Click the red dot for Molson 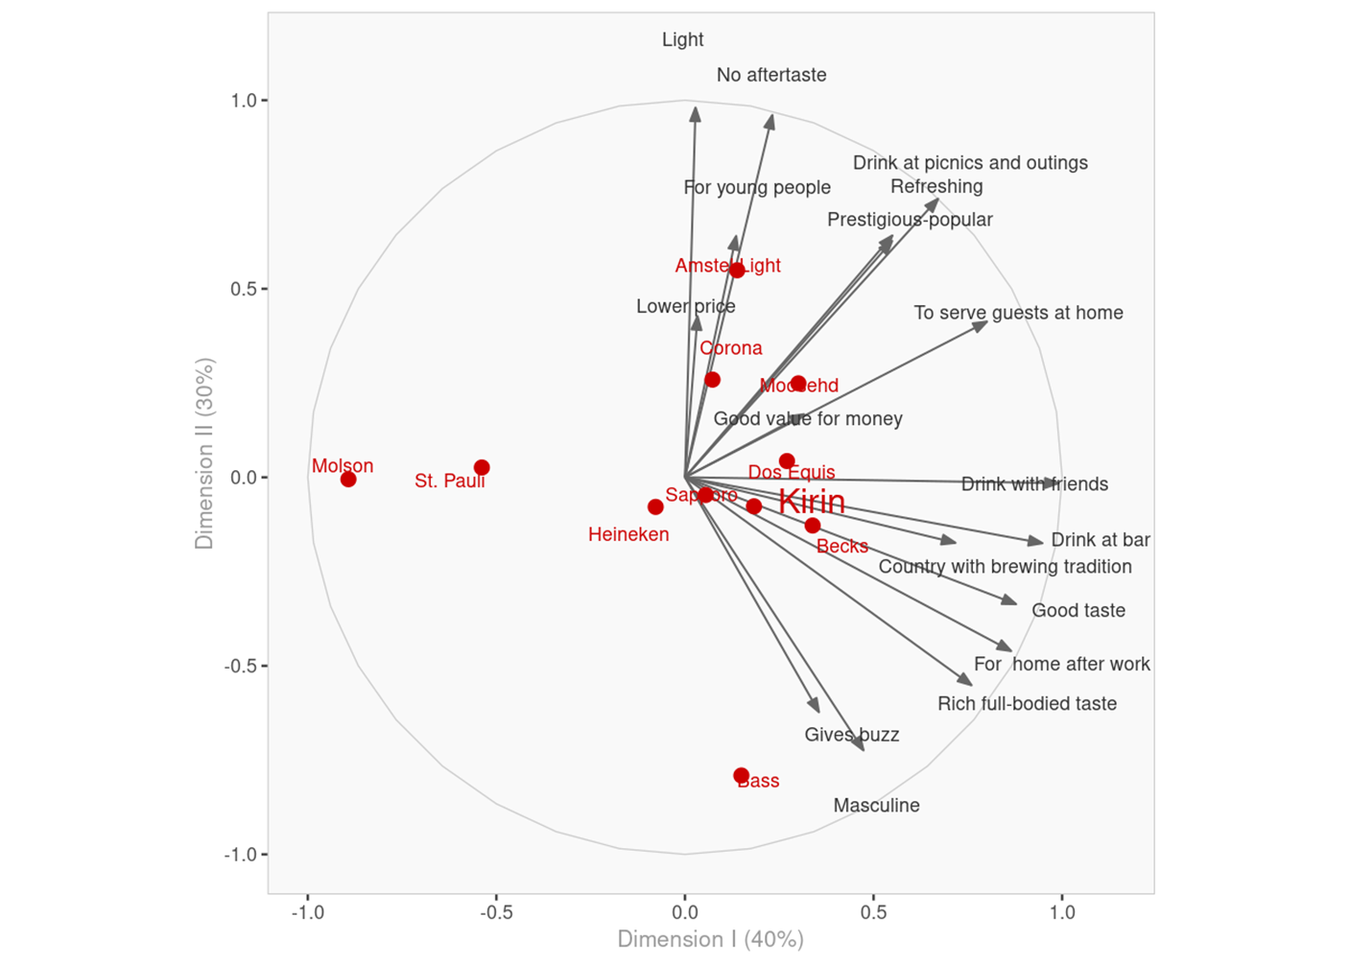point(348,479)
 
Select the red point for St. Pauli point(482,468)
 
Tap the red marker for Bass point(741,775)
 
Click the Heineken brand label point(628,535)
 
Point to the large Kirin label point(812,502)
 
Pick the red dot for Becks point(813,526)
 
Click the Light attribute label point(682,40)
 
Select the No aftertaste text point(771,75)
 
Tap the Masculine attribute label point(876,806)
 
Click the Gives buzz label point(852,735)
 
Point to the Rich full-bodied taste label point(1027,704)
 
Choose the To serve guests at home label point(1018,313)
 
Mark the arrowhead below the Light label point(695,113)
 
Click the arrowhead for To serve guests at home point(981,326)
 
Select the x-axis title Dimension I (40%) point(710,939)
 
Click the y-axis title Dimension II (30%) point(204,454)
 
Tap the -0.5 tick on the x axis point(496,912)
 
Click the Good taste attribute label point(1078,611)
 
